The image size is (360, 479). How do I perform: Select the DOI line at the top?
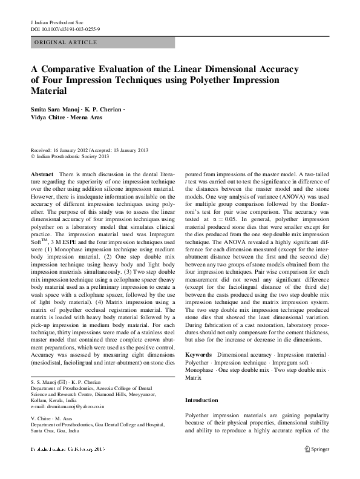(x=65, y=29)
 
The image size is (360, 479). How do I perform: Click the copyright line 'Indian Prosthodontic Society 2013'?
(x=71, y=156)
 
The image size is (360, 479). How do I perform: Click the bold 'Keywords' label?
(x=198, y=352)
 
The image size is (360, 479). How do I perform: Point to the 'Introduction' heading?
(x=202, y=400)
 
